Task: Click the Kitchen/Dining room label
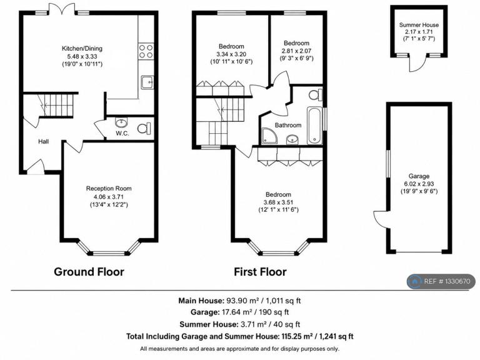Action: pos(82,48)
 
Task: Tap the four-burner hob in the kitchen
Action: pos(146,51)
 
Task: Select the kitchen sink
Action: pos(147,82)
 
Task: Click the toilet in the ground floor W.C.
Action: pos(144,128)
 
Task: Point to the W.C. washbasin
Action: pos(121,122)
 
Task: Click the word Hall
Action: pos(44,141)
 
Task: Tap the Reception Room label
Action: pos(109,189)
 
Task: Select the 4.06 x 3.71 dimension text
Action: pos(109,197)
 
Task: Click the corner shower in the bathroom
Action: pos(269,136)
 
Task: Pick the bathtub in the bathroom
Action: pos(314,126)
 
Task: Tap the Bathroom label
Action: pos(288,125)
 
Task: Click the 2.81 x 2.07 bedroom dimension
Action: pos(296,51)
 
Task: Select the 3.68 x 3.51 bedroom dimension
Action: pos(278,202)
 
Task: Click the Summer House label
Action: pos(419,25)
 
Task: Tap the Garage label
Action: pos(419,176)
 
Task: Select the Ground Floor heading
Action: pos(89,272)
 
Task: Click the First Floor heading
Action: pos(260,272)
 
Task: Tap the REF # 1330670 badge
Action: pos(441,281)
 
